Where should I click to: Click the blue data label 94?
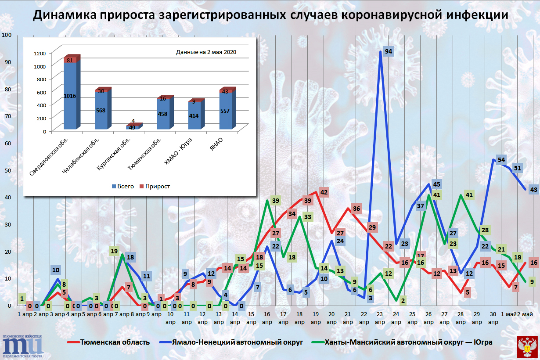coord(388,52)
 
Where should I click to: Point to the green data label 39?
coord(276,201)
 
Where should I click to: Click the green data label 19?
coord(114,251)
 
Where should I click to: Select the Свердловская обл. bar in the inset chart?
coord(70,94)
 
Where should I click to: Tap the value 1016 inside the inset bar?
coord(70,96)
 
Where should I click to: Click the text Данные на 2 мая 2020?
coord(206,52)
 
